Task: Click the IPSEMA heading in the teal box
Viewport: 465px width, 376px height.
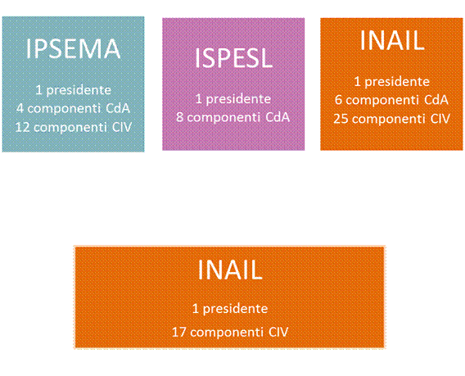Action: tap(73, 49)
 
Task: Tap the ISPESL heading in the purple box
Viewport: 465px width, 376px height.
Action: tap(233, 58)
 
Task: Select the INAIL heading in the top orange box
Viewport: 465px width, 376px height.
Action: tap(392, 40)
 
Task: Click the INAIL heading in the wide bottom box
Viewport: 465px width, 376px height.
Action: tap(230, 270)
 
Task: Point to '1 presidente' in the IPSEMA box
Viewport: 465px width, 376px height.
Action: tap(73, 90)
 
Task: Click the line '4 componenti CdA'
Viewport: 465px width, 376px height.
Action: tap(73, 108)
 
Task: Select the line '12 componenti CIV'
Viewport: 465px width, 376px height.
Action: tap(73, 127)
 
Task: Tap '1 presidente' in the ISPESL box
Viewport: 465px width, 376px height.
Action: tap(233, 99)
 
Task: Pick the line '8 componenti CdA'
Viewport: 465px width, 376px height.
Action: tap(233, 117)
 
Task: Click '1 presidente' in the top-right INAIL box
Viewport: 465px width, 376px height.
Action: tap(392, 82)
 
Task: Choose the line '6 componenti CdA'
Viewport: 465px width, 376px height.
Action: tap(392, 100)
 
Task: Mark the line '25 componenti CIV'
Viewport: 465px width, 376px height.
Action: tap(392, 119)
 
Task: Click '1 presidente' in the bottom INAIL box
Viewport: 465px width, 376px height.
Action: tap(230, 309)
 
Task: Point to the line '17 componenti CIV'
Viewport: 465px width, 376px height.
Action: tap(230, 332)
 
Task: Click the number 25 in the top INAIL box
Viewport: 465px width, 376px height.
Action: tap(341, 119)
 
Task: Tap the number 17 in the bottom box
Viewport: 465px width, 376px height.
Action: tap(178, 332)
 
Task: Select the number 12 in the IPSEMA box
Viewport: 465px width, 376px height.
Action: tap(23, 127)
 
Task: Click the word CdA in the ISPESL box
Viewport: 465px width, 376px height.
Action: tap(278, 117)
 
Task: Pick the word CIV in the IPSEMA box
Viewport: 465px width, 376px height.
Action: tap(122, 127)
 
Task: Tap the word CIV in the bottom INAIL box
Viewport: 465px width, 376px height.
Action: tap(279, 332)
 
